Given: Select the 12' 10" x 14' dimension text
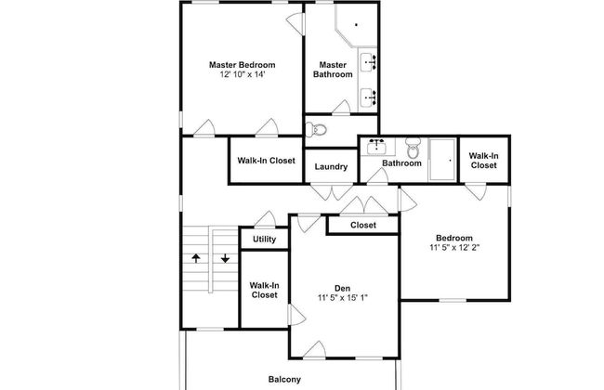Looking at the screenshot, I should click(x=242, y=75).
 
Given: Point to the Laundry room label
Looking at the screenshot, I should click(x=331, y=167).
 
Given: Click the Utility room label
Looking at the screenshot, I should click(x=264, y=240).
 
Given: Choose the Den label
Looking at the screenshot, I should click(x=343, y=287).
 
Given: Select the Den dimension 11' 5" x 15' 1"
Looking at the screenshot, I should click(x=343, y=298).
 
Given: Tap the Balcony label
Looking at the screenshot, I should click(x=284, y=379).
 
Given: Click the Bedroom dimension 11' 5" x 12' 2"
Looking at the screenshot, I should click(x=454, y=248).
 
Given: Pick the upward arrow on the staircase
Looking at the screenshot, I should click(x=196, y=259).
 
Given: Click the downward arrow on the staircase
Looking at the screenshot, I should click(x=225, y=259).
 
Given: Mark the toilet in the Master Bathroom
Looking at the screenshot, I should click(x=316, y=129).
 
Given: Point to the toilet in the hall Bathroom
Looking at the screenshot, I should click(x=414, y=149).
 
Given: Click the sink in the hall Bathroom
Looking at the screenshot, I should click(x=377, y=147).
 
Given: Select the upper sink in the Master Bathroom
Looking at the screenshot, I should click(x=368, y=63).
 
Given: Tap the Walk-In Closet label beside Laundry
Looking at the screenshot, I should click(x=266, y=161).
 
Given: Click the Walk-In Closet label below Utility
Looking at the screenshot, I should click(x=264, y=289).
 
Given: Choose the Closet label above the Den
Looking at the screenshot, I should click(x=363, y=225).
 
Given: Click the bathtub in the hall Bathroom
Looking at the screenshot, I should click(x=442, y=157).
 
